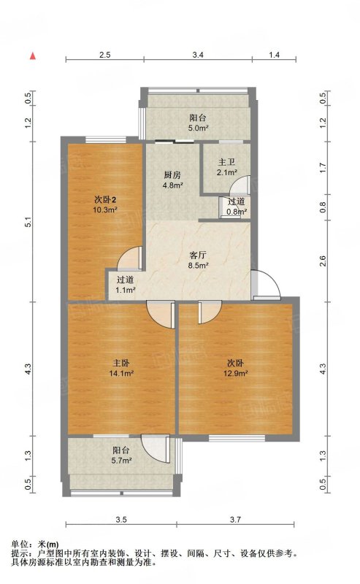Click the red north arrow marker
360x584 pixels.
pos(33,56)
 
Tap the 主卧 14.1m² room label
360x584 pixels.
pos(121,368)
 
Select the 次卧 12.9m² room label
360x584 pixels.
pos(236,368)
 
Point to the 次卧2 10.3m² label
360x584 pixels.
pos(105,204)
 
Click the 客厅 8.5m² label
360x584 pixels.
pos(198,260)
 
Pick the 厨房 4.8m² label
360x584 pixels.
pos(172,180)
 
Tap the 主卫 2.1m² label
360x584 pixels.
pos(227,167)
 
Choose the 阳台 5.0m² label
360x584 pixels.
pos(198,123)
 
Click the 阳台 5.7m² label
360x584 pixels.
pos(121,455)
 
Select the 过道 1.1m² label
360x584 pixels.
pos(125,285)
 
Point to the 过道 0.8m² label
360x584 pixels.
pos(237,207)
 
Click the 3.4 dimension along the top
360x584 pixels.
pos(198,55)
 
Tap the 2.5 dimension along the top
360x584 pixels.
pos(104,55)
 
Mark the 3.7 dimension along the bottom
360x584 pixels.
pos(236,520)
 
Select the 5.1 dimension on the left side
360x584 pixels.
pos(28,222)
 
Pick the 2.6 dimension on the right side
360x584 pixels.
pos(323,261)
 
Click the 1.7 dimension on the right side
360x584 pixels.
pos(323,168)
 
